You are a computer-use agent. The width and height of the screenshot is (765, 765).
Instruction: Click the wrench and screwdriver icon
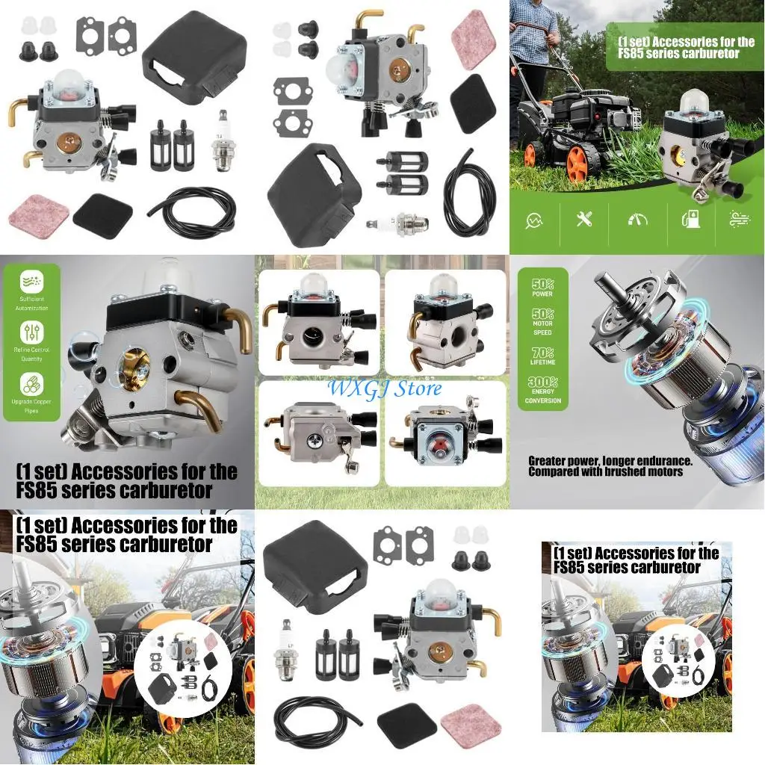point(584,220)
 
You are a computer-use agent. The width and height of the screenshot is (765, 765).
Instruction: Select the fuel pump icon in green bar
point(690,220)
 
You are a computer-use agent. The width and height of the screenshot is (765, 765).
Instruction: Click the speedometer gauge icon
point(637,220)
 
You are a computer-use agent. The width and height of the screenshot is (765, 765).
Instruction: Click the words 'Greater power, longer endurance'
point(610,462)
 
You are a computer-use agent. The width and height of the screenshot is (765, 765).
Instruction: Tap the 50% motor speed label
point(543,323)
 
